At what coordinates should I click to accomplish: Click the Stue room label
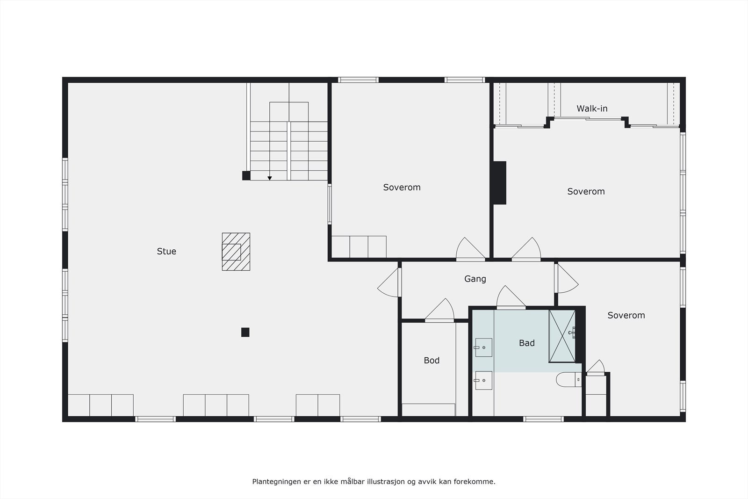pyautogui.click(x=166, y=252)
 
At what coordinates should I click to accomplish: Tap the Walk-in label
pyautogui.click(x=592, y=108)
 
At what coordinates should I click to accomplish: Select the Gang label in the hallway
pyautogui.click(x=475, y=279)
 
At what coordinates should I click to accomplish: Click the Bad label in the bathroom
pyautogui.click(x=526, y=343)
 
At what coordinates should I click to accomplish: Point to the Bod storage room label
pyautogui.click(x=432, y=360)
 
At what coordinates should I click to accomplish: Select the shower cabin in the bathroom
pyautogui.click(x=562, y=336)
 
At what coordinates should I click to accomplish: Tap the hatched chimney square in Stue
pyautogui.click(x=236, y=252)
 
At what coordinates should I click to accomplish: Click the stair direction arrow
pyautogui.click(x=270, y=178)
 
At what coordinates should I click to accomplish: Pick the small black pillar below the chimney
pyautogui.click(x=245, y=332)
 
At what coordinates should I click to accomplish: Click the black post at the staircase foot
pyautogui.click(x=246, y=175)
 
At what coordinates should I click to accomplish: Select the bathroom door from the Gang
pyautogui.click(x=511, y=298)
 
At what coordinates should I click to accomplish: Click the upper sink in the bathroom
pyautogui.click(x=483, y=347)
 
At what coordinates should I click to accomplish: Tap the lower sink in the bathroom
pyautogui.click(x=483, y=380)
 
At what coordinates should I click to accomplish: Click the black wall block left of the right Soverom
pyautogui.click(x=500, y=183)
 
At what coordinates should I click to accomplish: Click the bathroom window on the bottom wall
pyautogui.click(x=543, y=419)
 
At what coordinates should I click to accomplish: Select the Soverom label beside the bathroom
pyautogui.click(x=626, y=315)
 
